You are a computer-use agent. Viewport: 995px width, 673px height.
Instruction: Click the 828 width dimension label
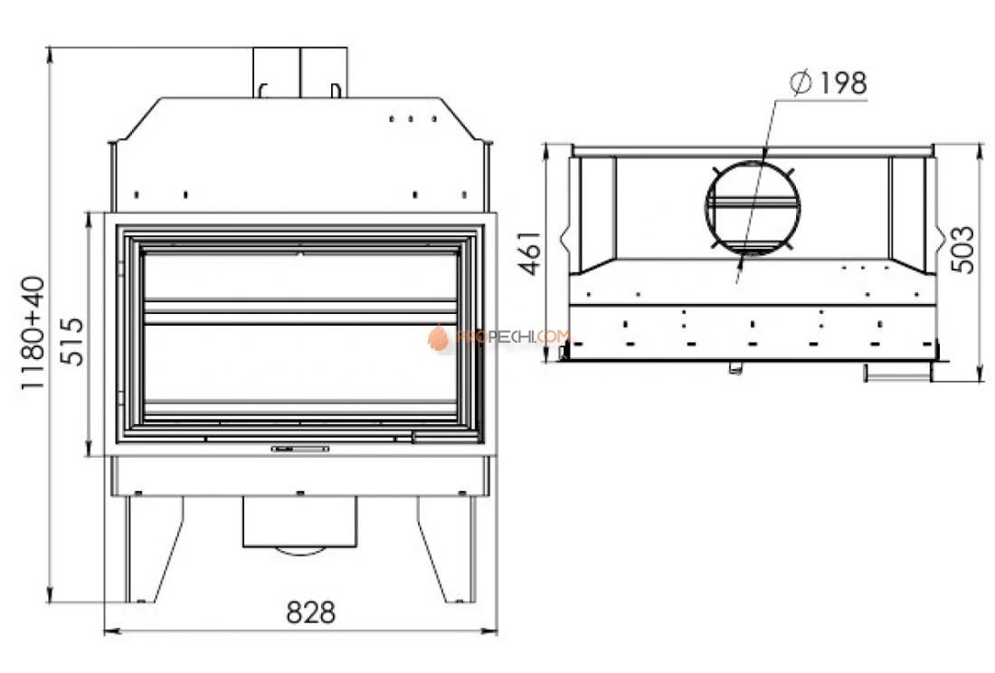(x=310, y=612)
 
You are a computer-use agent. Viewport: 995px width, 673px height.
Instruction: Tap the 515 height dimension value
(x=71, y=342)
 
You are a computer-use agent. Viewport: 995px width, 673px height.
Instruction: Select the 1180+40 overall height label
(x=33, y=332)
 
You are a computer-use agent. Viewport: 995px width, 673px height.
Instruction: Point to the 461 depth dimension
(x=530, y=253)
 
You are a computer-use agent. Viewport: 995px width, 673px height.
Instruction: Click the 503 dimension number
(x=962, y=250)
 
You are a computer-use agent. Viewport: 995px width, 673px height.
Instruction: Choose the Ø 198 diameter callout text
(x=828, y=83)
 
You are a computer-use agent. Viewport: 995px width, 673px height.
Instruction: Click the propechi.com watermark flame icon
(x=437, y=337)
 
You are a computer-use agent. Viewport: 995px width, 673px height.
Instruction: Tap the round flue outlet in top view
(x=752, y=207)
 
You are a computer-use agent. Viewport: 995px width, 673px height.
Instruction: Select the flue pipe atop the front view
(x=300, y=72)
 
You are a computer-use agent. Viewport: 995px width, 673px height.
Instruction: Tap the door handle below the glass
(x=300, y=449)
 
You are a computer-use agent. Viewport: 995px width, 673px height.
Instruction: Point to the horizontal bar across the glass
(x=300, y=311)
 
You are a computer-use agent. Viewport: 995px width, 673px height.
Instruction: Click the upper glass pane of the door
(x=300, y=275)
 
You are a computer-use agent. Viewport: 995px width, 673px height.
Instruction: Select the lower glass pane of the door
(x=300, y=363)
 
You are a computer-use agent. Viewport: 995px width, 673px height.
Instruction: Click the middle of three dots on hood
(x=412, y=118)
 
